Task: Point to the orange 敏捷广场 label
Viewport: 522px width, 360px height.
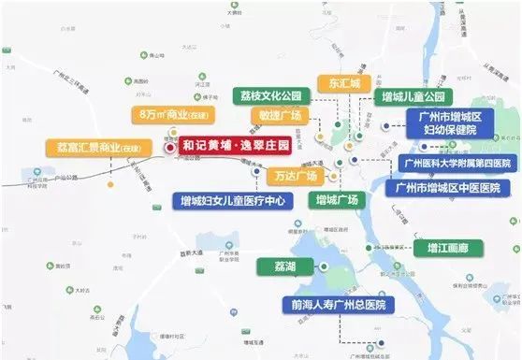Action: (x=279, y=115)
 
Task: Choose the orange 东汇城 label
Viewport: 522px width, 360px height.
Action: (x=342, y=81)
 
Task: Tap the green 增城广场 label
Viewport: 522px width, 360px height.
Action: (x=338, y=199)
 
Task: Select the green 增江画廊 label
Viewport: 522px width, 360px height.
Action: (x=448, y=248)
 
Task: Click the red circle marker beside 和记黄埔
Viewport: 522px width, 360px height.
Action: (x=169, y=147)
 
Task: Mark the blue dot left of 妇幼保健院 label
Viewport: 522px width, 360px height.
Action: (x=385, y=126)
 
